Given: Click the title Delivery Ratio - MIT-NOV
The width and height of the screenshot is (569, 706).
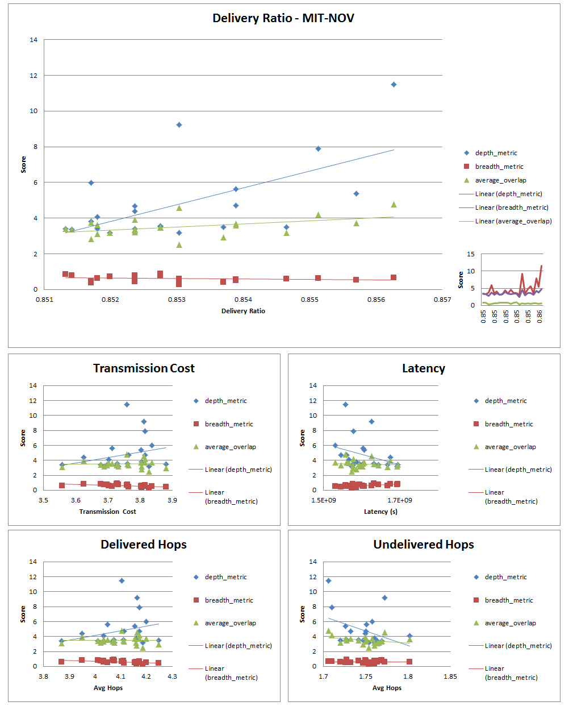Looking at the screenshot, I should click(283, 18).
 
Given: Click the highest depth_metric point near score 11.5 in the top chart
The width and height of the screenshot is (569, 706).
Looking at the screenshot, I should click(394, 85).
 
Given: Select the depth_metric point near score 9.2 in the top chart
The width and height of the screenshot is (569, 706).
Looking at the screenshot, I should click(179, 125).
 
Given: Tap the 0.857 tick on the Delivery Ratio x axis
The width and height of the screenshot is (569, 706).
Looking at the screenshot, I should click(442, 300).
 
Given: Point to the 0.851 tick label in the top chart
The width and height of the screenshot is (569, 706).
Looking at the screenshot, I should click(44, 300).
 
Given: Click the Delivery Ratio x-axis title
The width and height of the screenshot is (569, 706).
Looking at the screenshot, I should click(243, 311).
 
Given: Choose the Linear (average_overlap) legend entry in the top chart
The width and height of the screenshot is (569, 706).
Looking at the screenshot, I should click(513, 221).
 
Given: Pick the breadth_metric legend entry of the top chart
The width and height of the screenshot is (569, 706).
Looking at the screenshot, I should click(499, 167).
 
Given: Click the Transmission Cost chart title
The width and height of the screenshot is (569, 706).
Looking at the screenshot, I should click(144, 368).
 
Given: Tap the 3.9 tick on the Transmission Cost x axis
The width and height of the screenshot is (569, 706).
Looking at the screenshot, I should click(172, 501).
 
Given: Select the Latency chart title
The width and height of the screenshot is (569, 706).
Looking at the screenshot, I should click(423, 368).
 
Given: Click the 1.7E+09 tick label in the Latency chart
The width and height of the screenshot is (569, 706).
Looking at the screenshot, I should click(400, 501).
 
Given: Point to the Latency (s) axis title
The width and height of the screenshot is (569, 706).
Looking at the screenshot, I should click(380, 512).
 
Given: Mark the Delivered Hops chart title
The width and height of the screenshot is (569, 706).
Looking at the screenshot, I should click(144, 545).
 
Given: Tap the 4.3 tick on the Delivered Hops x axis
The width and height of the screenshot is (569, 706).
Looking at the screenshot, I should click(172, 677).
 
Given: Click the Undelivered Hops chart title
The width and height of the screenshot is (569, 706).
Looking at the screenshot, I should click(423, 545).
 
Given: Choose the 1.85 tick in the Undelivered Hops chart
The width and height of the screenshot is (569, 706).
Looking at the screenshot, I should click(450, 677).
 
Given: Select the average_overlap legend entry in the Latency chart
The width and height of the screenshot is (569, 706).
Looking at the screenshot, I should click(510, 447).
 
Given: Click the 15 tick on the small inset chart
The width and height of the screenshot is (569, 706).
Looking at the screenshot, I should click(471, 254).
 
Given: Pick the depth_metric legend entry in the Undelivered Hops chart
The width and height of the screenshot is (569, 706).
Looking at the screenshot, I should click(505, 577).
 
